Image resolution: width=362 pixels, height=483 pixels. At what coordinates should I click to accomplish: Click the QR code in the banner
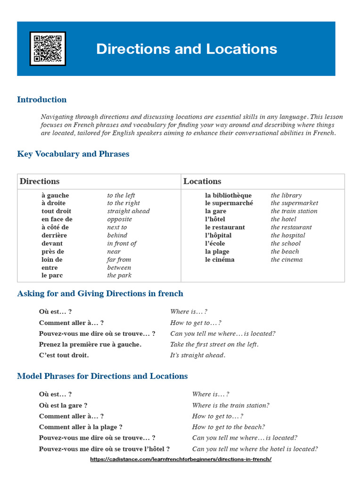click(x=48, y=49)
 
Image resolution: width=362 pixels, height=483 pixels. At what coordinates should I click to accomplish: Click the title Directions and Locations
click(x=187, y=49)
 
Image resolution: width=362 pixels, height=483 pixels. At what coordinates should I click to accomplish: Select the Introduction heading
click(x=42, y=100)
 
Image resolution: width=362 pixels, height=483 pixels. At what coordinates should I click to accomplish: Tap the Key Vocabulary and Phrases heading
click(x=73, y=154)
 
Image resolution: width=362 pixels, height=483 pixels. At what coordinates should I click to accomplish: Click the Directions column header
click(x=40, y=182)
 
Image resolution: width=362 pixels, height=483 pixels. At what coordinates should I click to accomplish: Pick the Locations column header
click(x=202, y=182)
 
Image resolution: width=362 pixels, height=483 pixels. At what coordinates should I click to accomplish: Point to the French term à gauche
click(x=55, y=195)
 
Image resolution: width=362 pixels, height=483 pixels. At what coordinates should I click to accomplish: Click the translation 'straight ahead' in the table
click(x=128, y=211)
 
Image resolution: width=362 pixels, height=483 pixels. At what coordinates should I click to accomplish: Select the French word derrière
click(x=54, y=235)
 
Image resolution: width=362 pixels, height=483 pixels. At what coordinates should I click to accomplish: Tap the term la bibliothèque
click(x=228, y=195)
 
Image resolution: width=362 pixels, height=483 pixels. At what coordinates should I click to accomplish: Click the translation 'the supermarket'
click(x=294, y=203)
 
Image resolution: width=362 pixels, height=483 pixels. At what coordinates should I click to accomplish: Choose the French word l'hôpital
click(x=218, y=235)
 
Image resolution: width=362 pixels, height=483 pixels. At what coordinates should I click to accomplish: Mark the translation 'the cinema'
click(x=287, y=259)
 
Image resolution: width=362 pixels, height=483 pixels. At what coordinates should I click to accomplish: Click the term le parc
click(x=52, y=275)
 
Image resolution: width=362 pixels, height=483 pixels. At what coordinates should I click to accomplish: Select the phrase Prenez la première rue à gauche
click(x=90, y=344)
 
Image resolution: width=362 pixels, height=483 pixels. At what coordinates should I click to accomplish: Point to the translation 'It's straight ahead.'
click(x=197, y=355)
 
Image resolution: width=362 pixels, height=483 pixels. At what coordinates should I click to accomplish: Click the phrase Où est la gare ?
click(x=63, y=405)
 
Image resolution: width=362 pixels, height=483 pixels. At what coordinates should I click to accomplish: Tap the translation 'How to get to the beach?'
click(x=228, y=427)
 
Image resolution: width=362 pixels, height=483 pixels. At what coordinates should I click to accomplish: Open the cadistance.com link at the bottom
click(x=181, y=459)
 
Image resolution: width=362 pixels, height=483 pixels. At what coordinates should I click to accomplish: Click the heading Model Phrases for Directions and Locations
click(x=102, y=376)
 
